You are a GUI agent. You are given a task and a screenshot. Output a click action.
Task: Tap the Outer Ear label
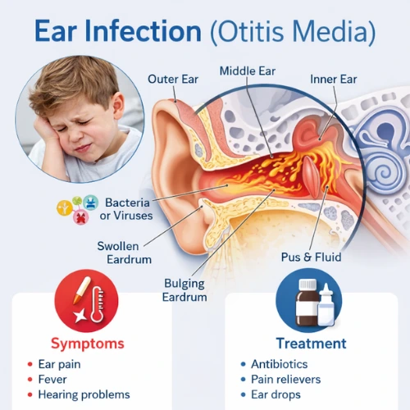tap(172, 80)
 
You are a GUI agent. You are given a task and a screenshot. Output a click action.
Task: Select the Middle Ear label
tap(248, 71)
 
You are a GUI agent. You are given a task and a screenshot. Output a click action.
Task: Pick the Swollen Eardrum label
tap(125, 253)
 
